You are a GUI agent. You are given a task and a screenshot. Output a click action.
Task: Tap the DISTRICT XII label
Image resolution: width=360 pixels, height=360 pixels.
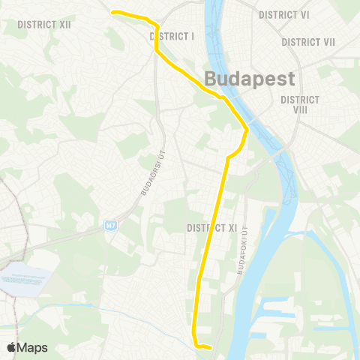(44, 25)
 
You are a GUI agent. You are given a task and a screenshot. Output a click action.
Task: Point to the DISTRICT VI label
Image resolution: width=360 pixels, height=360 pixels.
(284, 15)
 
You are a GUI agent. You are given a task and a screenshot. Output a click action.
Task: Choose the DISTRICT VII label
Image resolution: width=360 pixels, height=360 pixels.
(308, 42)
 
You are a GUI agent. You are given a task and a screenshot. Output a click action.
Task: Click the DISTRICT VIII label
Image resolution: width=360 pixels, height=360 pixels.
(300, 104)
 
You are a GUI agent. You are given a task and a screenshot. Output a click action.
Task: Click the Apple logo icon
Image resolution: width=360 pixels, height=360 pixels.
(12, 347)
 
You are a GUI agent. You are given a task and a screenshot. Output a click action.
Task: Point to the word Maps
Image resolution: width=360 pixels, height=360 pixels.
(33, 348)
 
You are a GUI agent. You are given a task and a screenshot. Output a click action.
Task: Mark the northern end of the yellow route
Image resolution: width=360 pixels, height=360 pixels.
(112, 12)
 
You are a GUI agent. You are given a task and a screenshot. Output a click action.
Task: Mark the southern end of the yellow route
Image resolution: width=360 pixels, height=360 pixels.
(211, 347)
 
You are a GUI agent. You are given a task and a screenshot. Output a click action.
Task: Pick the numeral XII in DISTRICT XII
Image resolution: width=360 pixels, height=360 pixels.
(64, 25)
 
